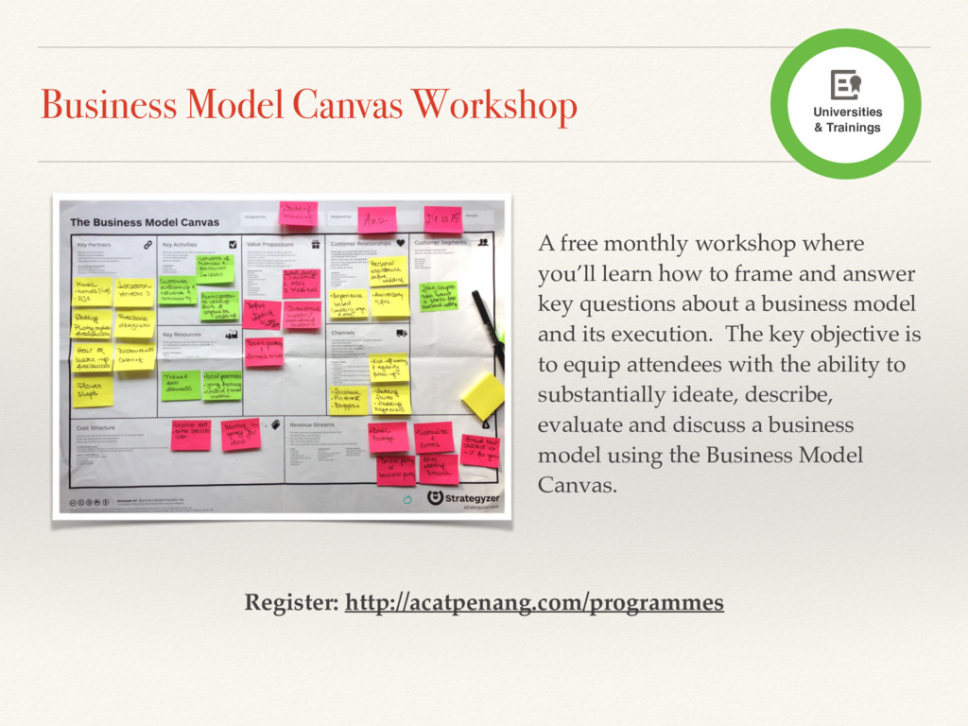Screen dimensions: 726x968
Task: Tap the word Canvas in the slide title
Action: pyautogui.click(x=345, y=106)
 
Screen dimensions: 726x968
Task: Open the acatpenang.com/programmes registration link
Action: pyautogui.click(x=534, y=602)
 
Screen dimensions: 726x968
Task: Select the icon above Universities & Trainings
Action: pyautogui.click(x=845, y=84)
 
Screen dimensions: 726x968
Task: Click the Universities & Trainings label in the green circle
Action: pyautogui.click(x=846, y=119)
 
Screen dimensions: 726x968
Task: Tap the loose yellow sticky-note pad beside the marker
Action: pyautogui.click(x=483, y=394)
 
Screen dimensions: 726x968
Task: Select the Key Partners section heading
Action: pyautogui.click(x=96, y=244)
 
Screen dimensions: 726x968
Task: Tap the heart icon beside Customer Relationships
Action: pyautogui.click(x=401, y=243)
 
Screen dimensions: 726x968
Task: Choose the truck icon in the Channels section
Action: pyautogui.click(x=402, y=333)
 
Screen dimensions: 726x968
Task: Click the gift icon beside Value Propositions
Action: pyautogui.click(x=315, y=244)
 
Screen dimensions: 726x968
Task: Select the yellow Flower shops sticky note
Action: pyautogui.click(x=92, y=389)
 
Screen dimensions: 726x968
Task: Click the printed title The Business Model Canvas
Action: pyautogui.click(x=145, y=222)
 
